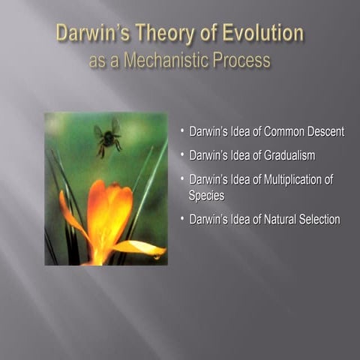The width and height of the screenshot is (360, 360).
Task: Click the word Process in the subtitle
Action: (241, 60)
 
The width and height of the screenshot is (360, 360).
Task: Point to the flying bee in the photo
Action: (108, 137)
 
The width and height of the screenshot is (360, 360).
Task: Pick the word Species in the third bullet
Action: (206, 195)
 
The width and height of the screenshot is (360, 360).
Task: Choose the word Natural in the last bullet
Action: (274, 220)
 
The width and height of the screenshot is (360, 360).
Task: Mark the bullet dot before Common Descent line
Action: (181, 131)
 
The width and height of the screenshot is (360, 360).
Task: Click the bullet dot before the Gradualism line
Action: (181, 155)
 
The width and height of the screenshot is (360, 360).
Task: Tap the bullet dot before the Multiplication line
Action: (181, 179)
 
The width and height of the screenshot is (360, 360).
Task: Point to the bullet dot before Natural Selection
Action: (181, 219)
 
